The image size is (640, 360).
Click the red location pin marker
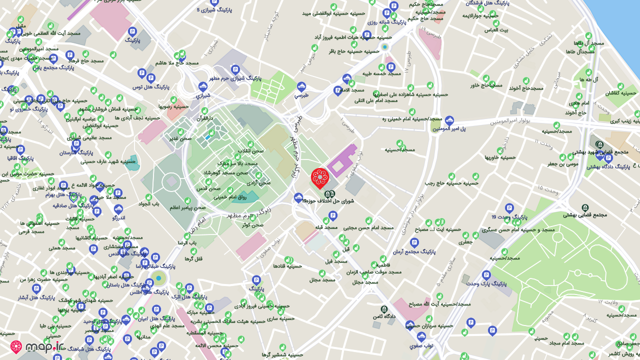tap(320, 177)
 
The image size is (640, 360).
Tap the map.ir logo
tap(37, 346)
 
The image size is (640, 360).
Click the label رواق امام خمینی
tap(230, 197)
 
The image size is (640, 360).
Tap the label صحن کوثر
tap(252, 224)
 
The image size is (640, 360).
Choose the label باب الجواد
tap(148, 203)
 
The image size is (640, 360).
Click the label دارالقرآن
tap(204, 118)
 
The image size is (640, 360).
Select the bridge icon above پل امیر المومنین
tap(449, 120)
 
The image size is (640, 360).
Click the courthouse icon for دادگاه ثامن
tap(384, 309)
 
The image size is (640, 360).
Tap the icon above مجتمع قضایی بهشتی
tap(585, 207)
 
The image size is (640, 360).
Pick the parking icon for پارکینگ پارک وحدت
tap(486, 275)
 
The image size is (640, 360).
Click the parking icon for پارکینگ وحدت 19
tap(509, 208)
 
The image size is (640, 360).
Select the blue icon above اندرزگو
tap(118, 209)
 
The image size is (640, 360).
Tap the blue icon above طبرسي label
tap(301, 87)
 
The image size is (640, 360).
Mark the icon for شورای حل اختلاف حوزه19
tap(327, 194)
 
